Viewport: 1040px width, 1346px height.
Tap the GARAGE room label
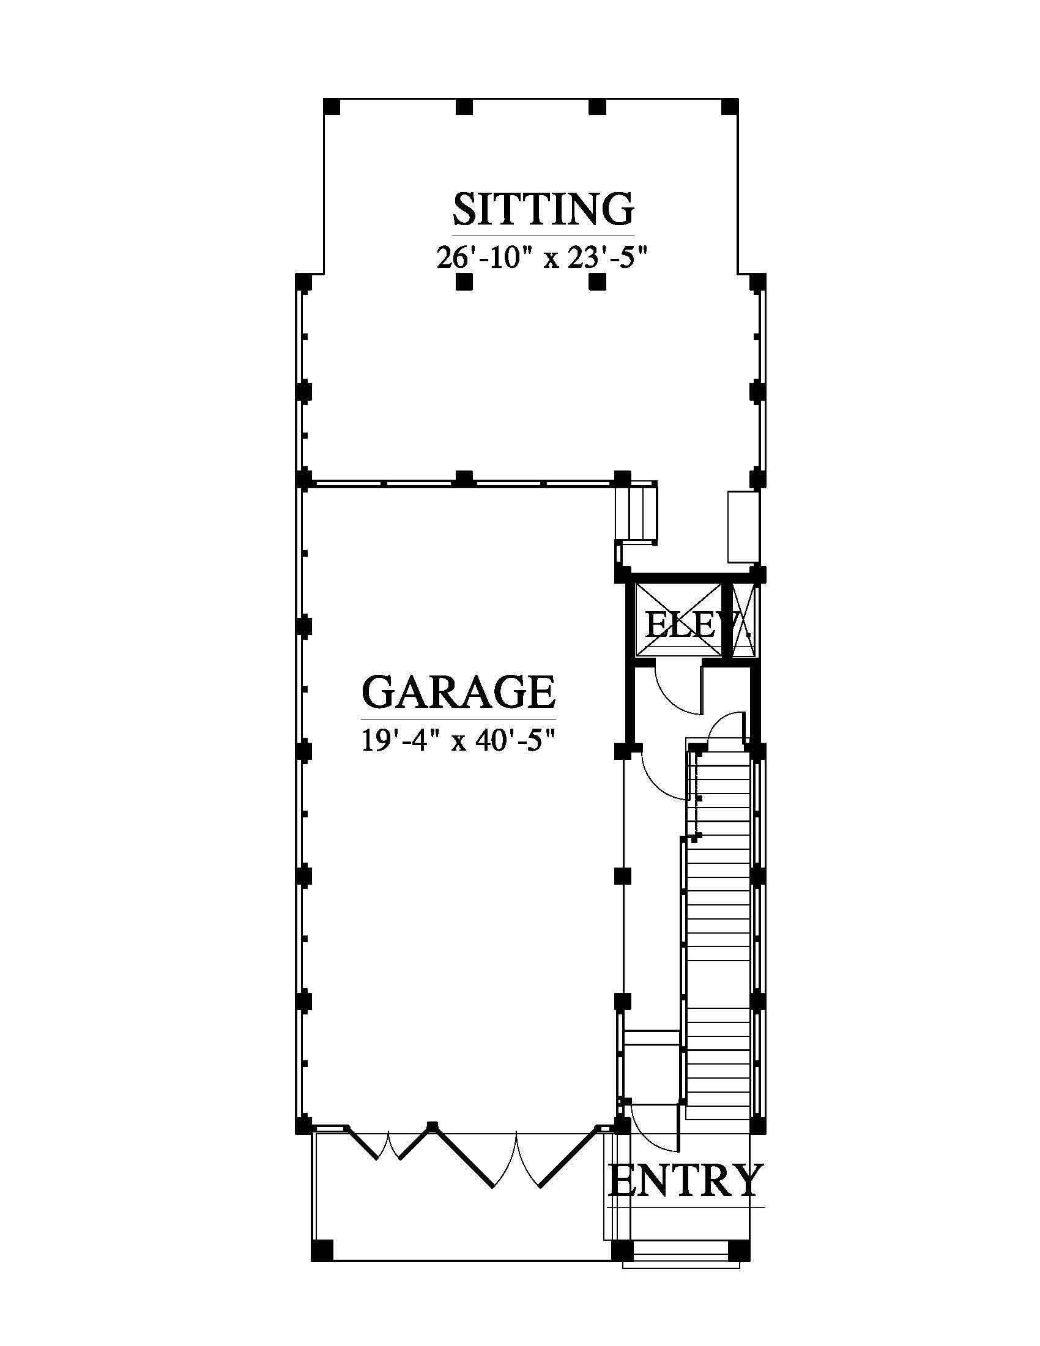[x=458, y=691]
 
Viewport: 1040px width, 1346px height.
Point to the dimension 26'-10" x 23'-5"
[x=543, y=258]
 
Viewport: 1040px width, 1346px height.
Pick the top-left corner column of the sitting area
[x=332, y=106]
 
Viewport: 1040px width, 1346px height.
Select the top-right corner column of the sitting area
[x=730, y=106]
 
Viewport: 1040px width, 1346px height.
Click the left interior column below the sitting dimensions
[x=464, y=282]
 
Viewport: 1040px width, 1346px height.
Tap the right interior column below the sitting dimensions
[x=597, y=282]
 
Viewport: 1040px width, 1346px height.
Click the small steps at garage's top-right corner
[x=636, y=513]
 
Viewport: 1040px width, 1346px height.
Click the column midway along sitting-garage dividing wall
[x=464, y=478]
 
